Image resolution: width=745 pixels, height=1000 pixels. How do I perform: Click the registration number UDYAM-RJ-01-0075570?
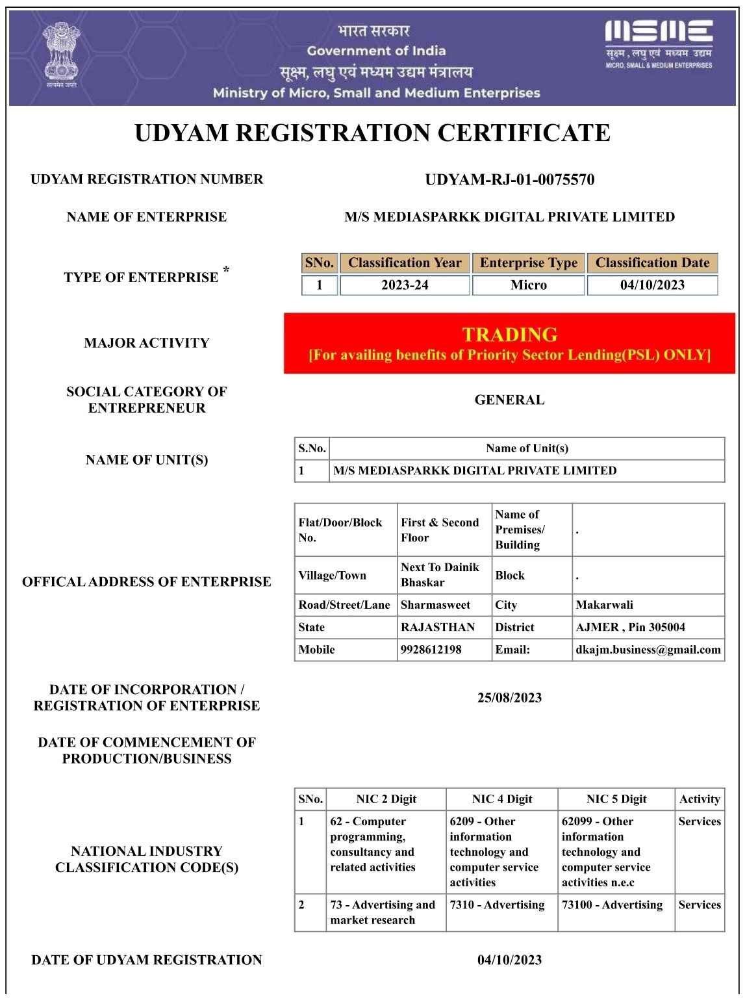pyautogui.click(x=509, y=180)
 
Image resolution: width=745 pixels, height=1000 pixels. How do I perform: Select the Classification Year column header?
pyautogui.click(x=405, y=263)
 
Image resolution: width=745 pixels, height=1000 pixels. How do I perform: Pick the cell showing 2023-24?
pyautogui.click(x=405, y=285)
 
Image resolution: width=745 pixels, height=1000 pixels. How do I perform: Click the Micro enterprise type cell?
pyautogui.click(x=529, y=285)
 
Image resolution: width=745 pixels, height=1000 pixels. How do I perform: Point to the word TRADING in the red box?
pyautogui.click(x=510, y=335)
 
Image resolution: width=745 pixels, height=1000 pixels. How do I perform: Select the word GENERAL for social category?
pyautogui.click(x=509, y=400)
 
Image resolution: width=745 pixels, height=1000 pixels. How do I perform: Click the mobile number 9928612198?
pyautogui.click(x=431, y=650)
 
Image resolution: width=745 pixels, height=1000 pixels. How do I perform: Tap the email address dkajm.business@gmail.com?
pyautogui.click(x=648, y=650)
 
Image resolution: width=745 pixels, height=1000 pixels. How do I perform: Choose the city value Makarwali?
pyautogui.click(x=604, y=605)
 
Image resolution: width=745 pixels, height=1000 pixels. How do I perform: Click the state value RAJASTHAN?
pyautogui.click(x=438, y=628)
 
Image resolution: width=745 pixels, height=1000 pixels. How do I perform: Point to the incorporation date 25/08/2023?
pyautogui.click(x=509, y=698)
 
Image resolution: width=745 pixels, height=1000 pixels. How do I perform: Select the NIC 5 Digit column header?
pyautogui.click(x=616, y=800)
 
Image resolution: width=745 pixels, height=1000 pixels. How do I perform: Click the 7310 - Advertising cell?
pyautogui.click(x=497, y=905)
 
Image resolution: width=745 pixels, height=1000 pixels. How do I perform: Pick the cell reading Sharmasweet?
pyautogui.click(x=435, y=605)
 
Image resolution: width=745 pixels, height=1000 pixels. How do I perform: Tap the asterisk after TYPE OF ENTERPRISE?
pyautogui.click(x=226, y=270)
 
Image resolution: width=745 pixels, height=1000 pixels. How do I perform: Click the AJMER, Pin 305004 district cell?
pyautogui.click(x=630, y=628)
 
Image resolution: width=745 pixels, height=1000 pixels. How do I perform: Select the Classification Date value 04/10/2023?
pyautogui.click(x=652, y=285)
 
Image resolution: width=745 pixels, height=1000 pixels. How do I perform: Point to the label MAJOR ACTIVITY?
pyautogui.click(x=147, y=343)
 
